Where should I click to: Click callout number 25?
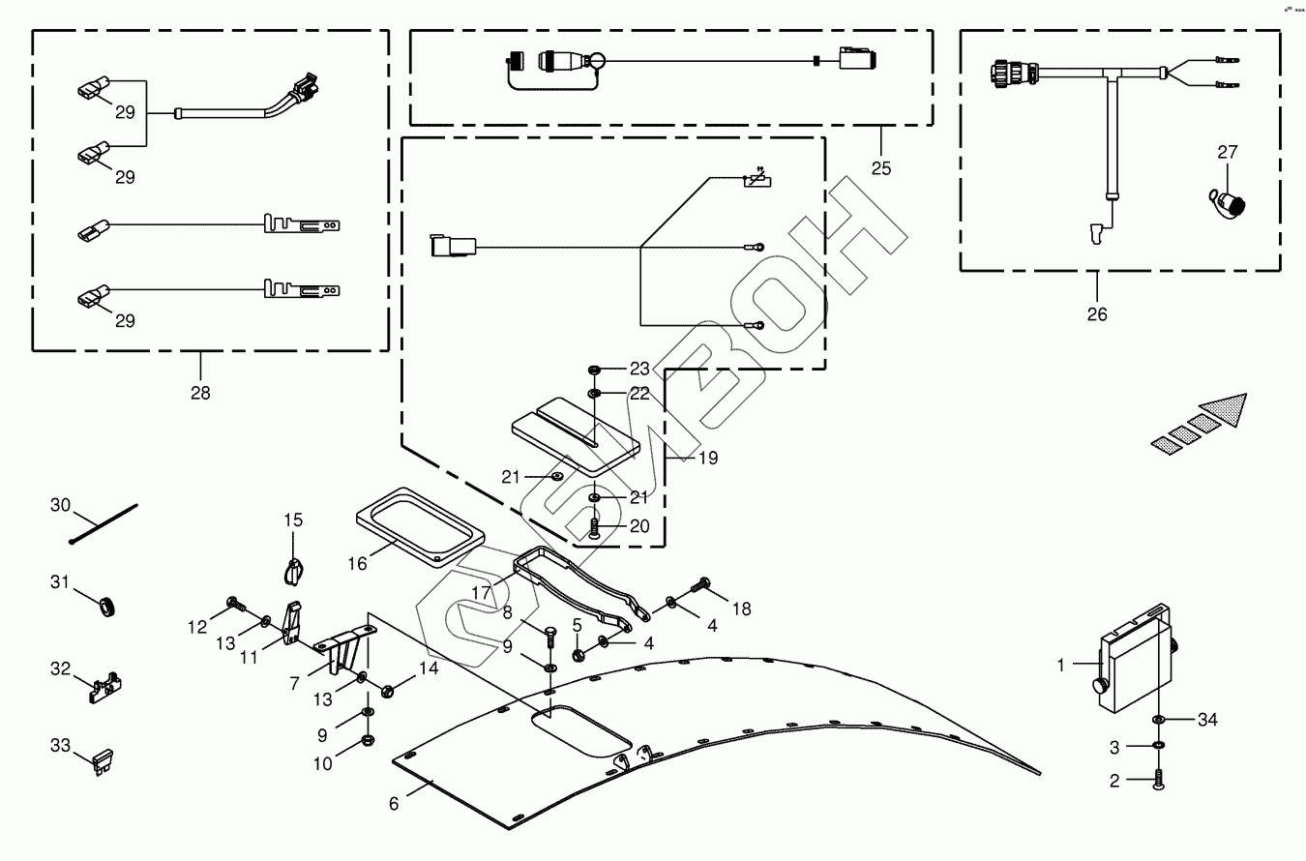[x=880, y=167]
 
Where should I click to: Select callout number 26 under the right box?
[x=1097, y=313]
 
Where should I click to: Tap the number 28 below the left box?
[x=200, y=392]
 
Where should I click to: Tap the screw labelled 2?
[x=1158, y=780]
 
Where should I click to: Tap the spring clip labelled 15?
[x=295, y=569]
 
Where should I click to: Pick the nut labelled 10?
[x=368, y=741]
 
